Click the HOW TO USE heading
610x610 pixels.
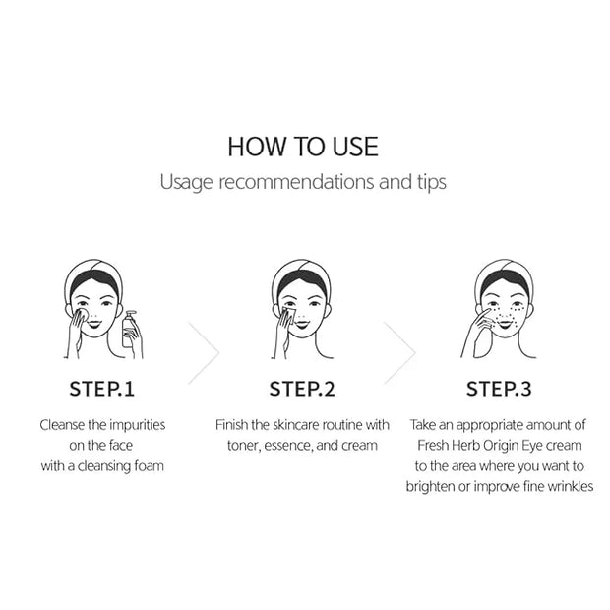303,147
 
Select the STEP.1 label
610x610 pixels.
102,389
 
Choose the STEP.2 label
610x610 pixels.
302,389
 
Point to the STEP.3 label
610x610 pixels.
499,389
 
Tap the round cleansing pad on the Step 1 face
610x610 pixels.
82,314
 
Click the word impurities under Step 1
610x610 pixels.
138,425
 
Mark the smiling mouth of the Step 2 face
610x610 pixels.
301,324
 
